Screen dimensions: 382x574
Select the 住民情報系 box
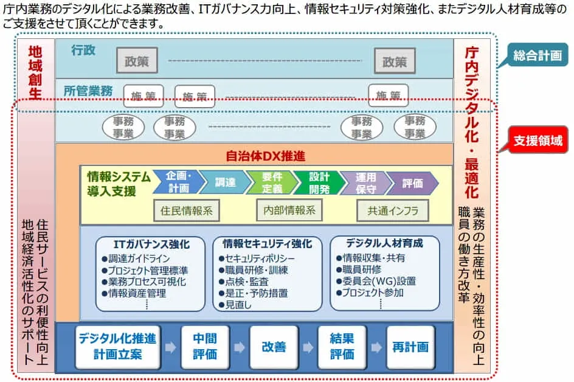[187, 211]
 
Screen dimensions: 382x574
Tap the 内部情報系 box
[289, 210]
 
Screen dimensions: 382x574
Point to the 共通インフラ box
[392, 211]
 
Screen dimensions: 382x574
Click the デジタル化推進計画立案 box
[117, 347]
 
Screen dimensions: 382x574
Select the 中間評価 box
[204, 347]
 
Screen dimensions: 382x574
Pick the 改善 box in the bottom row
[274, 347]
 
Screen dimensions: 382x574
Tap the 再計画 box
[410, 347]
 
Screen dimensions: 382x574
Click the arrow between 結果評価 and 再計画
[376, 347]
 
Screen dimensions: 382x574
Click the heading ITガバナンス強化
[151, 245]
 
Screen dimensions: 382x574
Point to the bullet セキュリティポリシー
[255, 259]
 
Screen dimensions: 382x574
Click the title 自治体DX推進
[265, 156]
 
